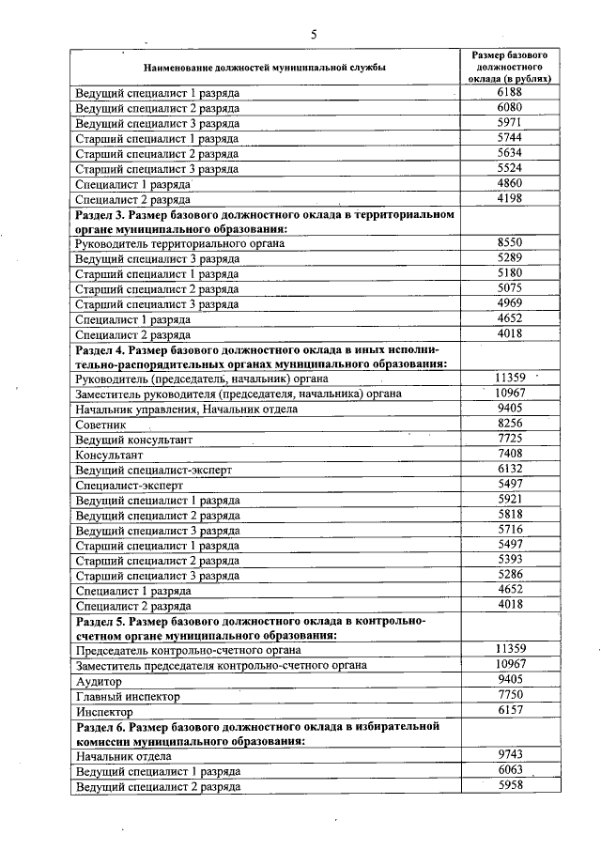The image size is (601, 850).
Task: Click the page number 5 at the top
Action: point(314,34)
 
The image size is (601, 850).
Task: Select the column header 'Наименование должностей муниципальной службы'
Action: point(264,68)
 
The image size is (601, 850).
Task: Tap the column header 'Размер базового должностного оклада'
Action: point(510,67)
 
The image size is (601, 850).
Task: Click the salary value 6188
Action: point(510,94)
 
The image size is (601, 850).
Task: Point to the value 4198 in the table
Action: point(510,198)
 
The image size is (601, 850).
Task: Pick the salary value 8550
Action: point(510,242)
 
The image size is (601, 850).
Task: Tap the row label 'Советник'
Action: point(100,425)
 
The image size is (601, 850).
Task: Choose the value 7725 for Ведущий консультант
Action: point(510,439)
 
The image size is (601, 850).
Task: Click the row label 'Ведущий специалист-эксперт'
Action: point(152,469)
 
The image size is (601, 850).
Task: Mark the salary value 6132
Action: point(510,468)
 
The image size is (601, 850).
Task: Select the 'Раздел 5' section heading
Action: point(250,628)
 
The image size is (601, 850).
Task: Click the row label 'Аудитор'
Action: point(99,680)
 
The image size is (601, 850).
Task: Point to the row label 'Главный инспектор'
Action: point(127,697)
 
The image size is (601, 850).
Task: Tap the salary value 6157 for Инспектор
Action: point(510,711)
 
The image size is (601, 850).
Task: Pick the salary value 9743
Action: point(510,755)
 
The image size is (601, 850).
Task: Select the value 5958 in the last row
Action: point(510,786)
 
